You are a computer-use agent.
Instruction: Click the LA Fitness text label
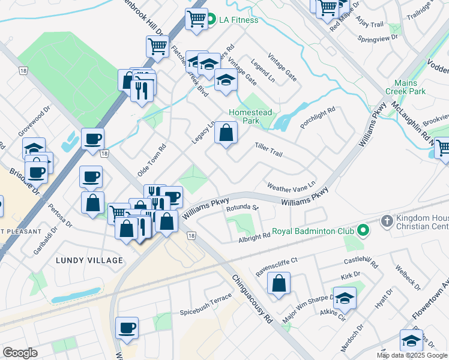(238, 20)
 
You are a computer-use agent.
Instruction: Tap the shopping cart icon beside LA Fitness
(196, 20)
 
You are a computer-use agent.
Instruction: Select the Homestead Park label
(250, 116)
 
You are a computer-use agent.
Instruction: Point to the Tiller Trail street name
(268, 149)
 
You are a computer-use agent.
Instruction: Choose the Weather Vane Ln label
(291, 187)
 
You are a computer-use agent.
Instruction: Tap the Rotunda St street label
(241, 208)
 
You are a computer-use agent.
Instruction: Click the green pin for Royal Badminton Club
(363, 230)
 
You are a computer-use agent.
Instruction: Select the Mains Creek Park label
(410, 87)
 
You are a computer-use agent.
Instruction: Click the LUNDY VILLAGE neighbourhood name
(89, 260)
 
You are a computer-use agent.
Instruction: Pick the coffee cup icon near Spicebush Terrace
(127, 328)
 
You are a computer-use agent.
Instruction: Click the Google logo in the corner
(20, 353)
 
